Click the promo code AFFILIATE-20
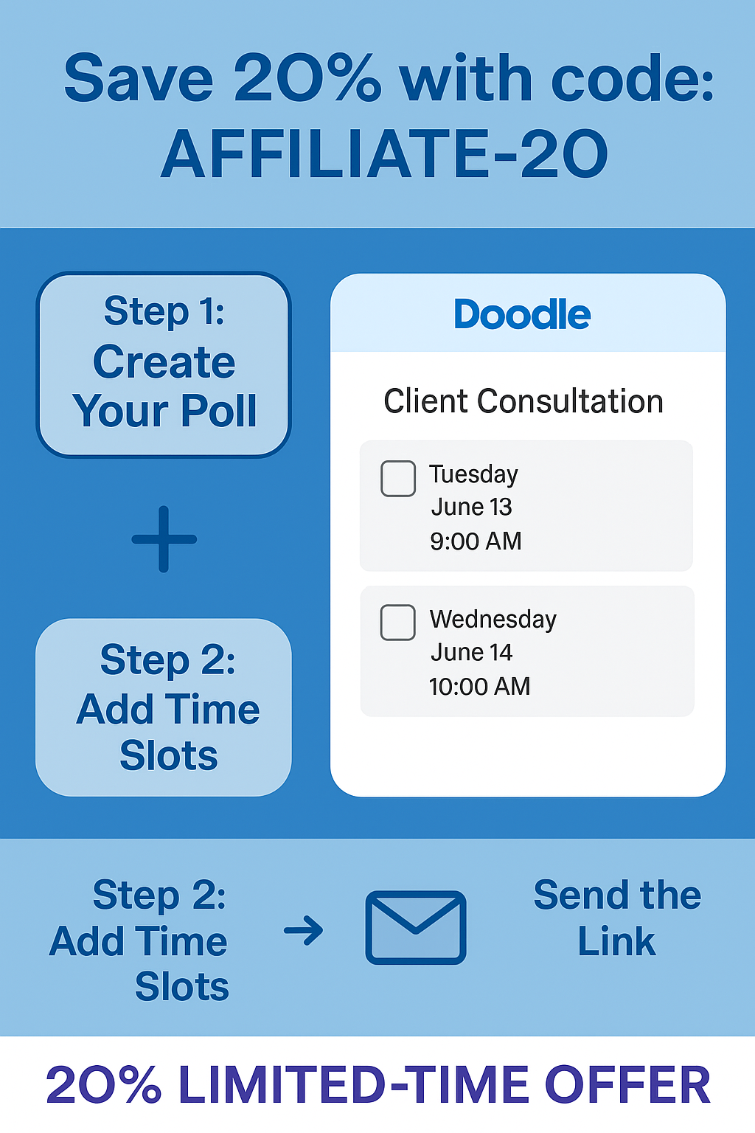[x=384, y=153]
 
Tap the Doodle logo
[x=522, y=314]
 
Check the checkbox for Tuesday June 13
[x=398, y=479]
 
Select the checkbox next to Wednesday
[x=398, y=622]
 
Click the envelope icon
[x=416, y=928]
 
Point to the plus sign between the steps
[x=164, y=539]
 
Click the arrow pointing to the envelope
[x=304, y=929]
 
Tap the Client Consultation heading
[x=523, y=401]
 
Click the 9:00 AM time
[x=476, y=541]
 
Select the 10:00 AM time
[x=479, y=687]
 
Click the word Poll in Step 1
[x=218, y=410]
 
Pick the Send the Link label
[x=617, y=918]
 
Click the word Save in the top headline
[x=138, y=78]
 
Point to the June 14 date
[x=471, y=653]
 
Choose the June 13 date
[x=471, y=507]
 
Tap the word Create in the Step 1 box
[x=164, y=362]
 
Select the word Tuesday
[x=473, y=475]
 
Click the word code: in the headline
[x=632, y=78]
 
